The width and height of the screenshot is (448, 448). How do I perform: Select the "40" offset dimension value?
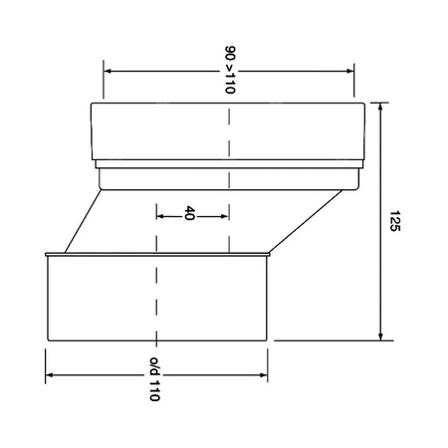point(189,214)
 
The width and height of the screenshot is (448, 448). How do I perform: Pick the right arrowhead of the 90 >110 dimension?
point(350,70)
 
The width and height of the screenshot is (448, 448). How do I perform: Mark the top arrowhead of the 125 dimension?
point(381,105)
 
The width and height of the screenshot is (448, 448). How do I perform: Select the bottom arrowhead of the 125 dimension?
point(381,336)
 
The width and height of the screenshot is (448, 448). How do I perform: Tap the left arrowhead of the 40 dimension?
point(160,214)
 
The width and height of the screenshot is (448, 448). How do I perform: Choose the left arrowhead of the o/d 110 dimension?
point(50,375)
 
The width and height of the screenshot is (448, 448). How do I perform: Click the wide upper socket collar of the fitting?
point(229,129)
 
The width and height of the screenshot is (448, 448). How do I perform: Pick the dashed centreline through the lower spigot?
point(156,299)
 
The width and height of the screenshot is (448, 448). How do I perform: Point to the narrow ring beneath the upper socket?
point(229,178)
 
